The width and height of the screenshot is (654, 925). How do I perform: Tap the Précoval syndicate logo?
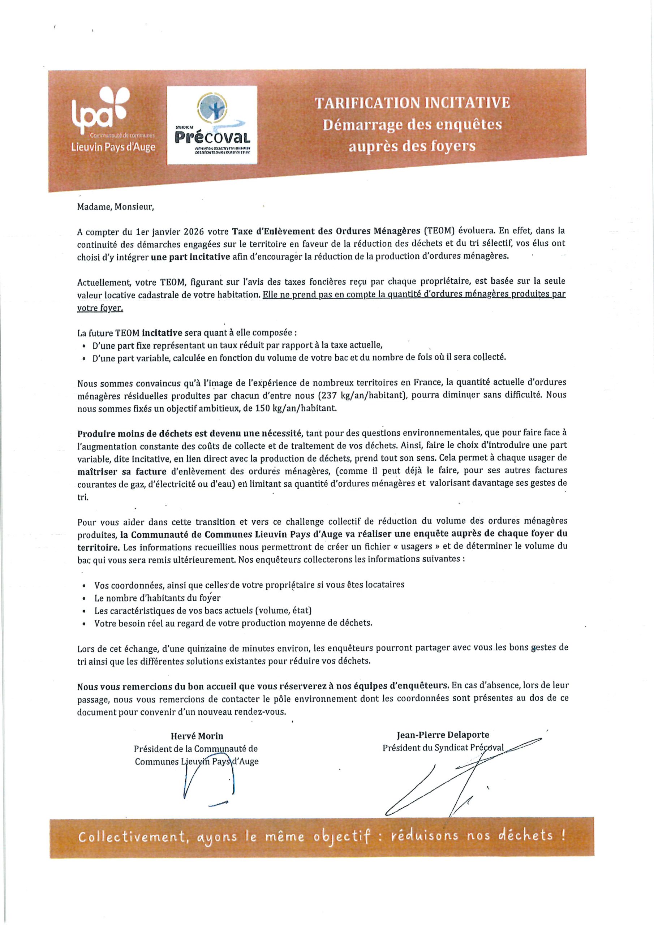(212, 125)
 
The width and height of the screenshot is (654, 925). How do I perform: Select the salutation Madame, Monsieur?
(115, 207)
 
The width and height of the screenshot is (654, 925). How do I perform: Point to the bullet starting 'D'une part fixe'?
(237, 345)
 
